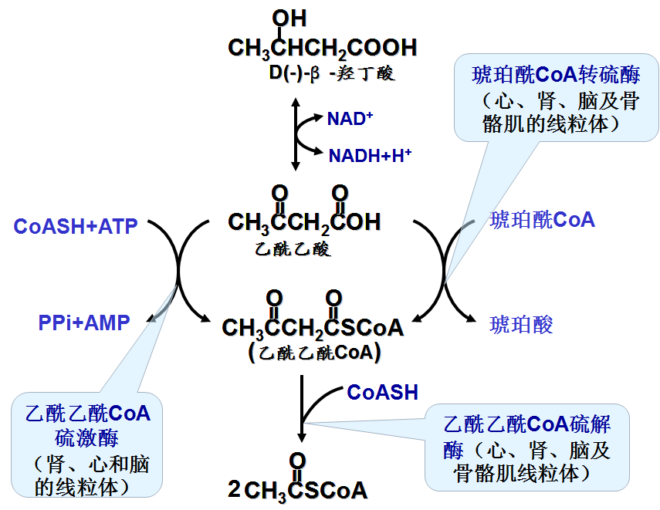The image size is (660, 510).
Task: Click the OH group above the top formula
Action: click(289, 18)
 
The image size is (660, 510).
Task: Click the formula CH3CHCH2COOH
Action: click(322, 48)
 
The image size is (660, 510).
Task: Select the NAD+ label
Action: click(350, 119)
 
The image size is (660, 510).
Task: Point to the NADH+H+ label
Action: click(370, 156)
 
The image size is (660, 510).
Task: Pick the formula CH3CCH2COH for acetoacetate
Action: click(304, 222)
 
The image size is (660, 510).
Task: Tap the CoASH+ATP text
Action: click(76, 226)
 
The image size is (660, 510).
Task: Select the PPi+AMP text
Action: click(84, 323)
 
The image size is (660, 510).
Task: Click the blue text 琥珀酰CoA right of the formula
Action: click(543, 221)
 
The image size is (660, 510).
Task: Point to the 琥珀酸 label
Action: click(522, 324)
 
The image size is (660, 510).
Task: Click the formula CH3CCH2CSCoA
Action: click(313, 327)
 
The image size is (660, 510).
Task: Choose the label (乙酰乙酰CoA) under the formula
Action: click(315, 353)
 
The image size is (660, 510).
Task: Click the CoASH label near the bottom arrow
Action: click(382, 392)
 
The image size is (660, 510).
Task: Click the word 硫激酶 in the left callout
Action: click(86, 439)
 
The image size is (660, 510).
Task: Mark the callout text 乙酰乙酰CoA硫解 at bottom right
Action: click(527, 424)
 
